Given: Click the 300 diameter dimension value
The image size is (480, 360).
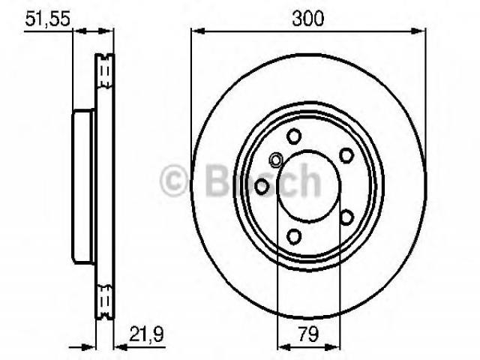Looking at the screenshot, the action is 307,18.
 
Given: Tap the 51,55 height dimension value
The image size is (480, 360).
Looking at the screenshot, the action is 47,18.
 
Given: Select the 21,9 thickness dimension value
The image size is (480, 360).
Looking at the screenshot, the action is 147,334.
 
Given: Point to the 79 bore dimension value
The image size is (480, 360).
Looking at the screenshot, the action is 308,334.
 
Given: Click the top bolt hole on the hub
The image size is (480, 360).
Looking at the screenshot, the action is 294,136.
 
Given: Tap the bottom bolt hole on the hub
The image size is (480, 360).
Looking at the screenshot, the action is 294,237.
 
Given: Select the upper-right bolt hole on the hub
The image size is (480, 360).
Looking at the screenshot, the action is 346,155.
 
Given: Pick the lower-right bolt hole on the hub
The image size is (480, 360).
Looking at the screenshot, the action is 346,217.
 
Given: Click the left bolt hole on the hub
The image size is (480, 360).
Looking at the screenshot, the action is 262,187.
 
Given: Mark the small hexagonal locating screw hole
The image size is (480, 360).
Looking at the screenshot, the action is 276,160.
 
